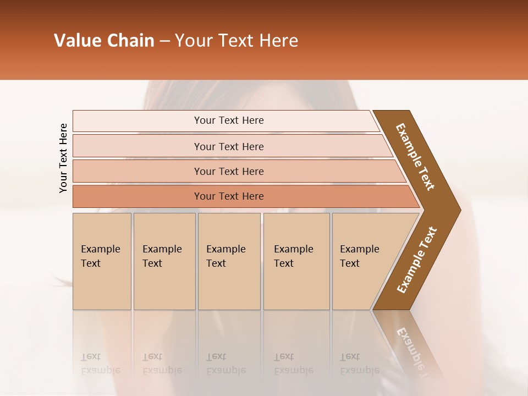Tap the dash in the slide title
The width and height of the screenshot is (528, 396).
pos(164,41)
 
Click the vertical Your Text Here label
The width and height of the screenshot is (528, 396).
pos(63,158)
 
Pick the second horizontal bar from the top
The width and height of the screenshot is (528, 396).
pos(229,146)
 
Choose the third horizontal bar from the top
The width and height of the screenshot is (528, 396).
pos(229,171)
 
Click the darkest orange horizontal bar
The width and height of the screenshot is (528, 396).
pos(229,196)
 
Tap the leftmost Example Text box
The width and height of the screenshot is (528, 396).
pos(102,261)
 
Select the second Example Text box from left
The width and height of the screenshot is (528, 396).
pos(164,261)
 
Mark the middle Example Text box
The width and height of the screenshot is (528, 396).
pos(229,261)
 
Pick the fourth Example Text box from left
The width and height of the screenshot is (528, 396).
pos(296,261)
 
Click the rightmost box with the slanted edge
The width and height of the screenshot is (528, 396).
pos(363,261)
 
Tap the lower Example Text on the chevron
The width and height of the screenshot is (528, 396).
pos(417,260)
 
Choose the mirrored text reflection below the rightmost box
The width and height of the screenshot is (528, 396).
pos(359,364)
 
